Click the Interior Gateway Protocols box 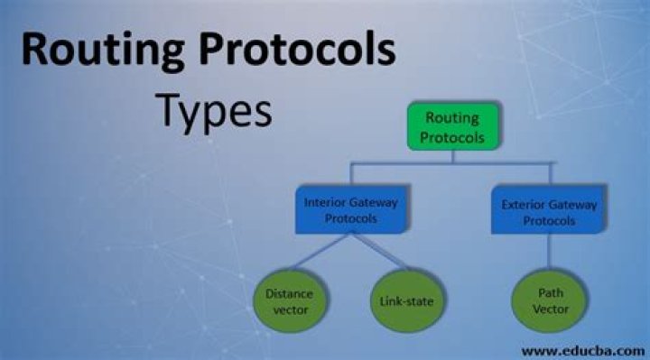[350, 211]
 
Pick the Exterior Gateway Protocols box [548, 211]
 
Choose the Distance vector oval [290, 300]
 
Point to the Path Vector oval [549, 300]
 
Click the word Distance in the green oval [290, 292]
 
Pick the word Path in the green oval [549, 292]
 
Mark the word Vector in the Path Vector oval [549, 308]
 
